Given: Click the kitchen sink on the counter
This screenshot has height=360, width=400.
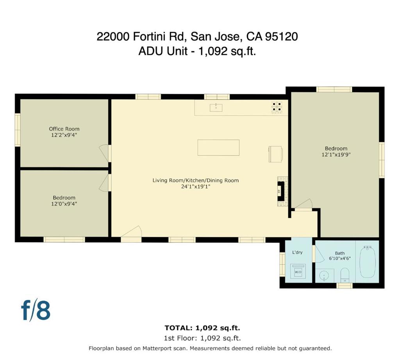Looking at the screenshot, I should (216, 107).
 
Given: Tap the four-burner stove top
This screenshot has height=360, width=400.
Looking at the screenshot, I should (277, 107).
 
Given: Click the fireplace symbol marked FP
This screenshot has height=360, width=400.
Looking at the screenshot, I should (280, 192).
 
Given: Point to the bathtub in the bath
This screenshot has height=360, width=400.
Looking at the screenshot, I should (367, 261).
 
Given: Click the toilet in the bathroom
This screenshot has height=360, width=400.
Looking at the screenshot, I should (345, 275).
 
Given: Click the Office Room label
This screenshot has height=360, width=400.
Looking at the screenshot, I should (64, 129).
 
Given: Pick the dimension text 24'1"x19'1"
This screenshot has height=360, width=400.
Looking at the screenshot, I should (195, 186).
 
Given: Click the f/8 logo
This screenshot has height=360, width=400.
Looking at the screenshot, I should (36, 310).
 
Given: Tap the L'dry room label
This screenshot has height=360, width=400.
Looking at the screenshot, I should (298, 252).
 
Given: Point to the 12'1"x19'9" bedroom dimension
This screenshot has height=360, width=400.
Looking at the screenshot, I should (336, 154).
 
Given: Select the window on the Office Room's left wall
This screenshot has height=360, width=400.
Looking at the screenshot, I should (18, 130).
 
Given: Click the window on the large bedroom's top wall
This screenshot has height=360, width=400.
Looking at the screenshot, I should (334, 89).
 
